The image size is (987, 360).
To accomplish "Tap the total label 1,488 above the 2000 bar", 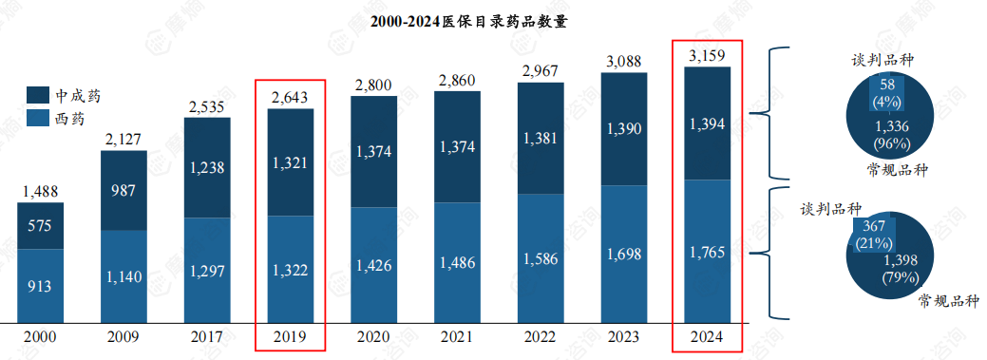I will click(x=41, y=192).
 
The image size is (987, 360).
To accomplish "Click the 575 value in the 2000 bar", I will click(x=41, y=226).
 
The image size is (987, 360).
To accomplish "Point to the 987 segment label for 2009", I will click(x=123, y=190).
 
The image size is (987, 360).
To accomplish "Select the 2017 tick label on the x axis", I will click(x=207, y=335).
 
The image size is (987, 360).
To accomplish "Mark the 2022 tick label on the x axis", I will click(x=540, y=335).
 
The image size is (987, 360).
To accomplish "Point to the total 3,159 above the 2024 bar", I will click(x=707, y=58).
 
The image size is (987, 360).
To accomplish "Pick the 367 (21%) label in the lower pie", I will click(x=873, y=235).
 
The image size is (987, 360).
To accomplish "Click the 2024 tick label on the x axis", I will click(x=707, y=335).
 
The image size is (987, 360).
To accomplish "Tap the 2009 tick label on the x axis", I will click(x=123, y=335).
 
